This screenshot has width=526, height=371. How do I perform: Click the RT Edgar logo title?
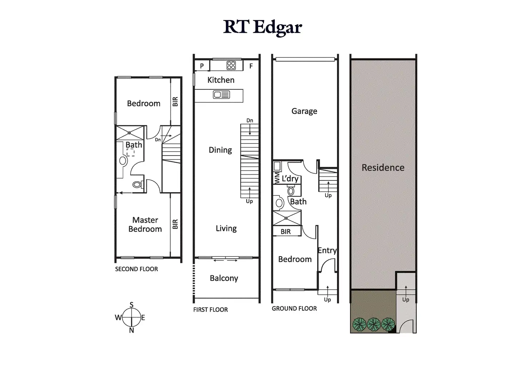(263, 27)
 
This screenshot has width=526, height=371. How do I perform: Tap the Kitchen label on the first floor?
(221, 80)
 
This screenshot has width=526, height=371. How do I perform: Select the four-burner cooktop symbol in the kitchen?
(231, 65)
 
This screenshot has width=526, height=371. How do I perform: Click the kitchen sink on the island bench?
(221, 95)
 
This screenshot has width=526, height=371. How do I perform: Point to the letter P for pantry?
(202, 66)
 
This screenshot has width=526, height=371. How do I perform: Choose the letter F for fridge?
(251, 66)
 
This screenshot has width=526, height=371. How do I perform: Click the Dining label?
(220, 150)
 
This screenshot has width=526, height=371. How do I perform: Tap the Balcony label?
(224, 278)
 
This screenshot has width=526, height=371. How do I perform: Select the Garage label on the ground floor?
(304, 111)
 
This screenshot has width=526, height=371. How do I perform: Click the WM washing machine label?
(277, 178)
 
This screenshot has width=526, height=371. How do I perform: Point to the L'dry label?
(290, 178)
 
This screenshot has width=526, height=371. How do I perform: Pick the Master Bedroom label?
(145, 224)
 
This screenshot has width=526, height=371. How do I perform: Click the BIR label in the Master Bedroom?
(175, 224)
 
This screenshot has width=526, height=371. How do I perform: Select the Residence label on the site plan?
(383, 167)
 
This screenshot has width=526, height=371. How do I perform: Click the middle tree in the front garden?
(373, 324)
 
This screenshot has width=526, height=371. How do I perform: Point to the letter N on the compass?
(131, 330)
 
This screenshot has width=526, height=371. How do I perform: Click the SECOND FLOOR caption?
(136, 269)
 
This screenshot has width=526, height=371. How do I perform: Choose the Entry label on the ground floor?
(327, 250)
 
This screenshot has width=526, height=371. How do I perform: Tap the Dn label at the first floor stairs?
(250, 121)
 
